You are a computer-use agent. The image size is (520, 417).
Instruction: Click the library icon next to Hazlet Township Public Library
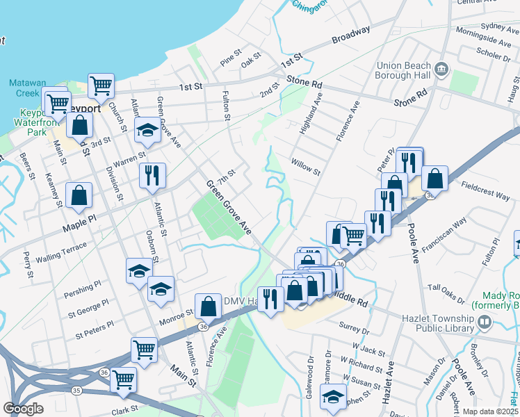coord(485,322)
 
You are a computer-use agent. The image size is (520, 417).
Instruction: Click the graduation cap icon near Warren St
coord(147,130)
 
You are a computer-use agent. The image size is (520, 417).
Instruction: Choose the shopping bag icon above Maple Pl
coord(80,195)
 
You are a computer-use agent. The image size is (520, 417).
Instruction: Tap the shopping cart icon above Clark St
coord(124,379)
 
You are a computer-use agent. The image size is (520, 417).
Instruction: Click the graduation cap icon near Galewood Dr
coord(333,397)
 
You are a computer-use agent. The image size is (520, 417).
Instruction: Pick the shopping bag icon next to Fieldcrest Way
coord(434,179)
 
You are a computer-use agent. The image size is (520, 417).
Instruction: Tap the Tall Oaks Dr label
coord(446,293)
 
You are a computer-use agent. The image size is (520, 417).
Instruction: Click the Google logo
coord(24,409)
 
